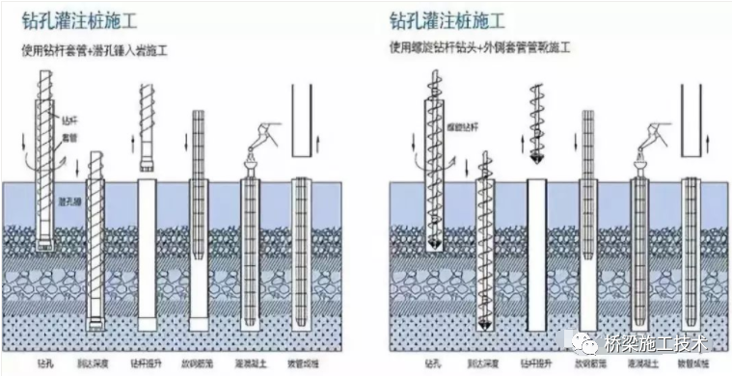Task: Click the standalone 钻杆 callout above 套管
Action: [x=68, y=121]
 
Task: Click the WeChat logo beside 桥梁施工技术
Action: [x=613, y=341]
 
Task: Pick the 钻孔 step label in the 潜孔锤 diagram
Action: [x=37, y=365]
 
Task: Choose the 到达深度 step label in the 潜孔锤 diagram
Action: [x=92, y=365]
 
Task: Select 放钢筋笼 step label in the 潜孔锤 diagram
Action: [x=200, y=365]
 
